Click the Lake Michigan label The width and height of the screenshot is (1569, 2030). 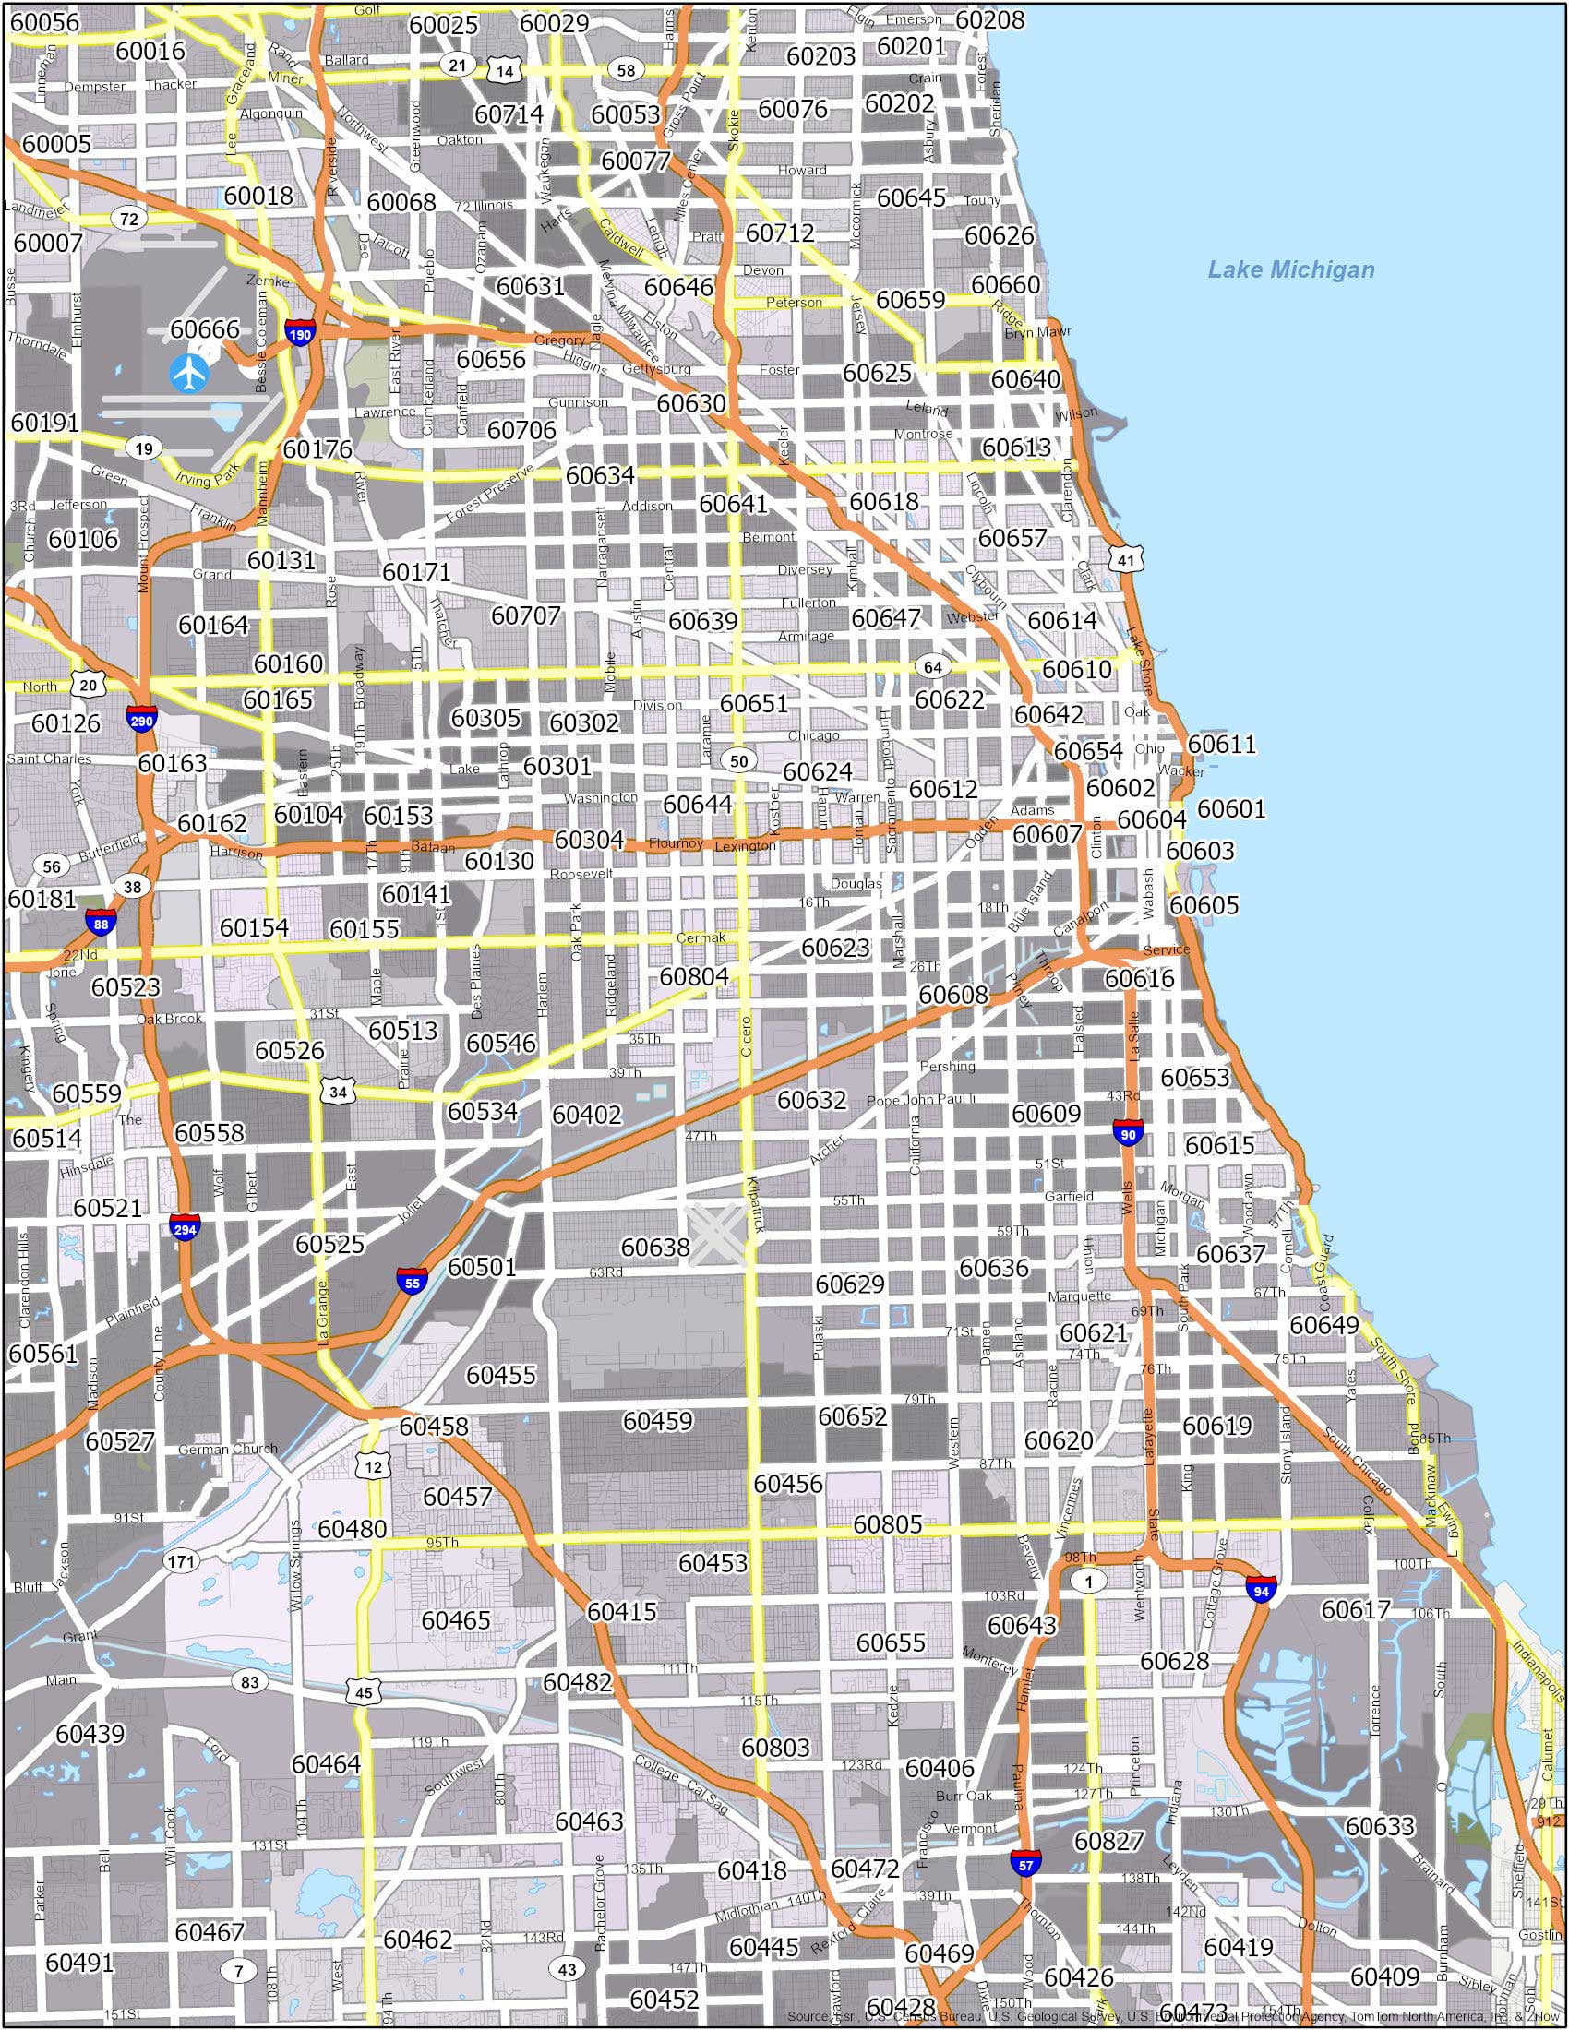pos(1290,269)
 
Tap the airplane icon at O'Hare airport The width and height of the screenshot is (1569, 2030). pos(190,373)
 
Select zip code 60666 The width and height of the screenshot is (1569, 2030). pos(205,329)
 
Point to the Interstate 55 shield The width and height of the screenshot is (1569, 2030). pos(412,1282)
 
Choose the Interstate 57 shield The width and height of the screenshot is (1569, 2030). pos(1025,1863)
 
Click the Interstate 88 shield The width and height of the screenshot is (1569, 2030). pos(101,922)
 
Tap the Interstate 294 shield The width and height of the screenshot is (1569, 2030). pos(184,1228)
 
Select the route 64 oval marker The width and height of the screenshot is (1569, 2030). pos(932,666)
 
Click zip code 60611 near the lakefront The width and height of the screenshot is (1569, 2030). pos(1220,744)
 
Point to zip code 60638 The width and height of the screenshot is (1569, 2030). pos(655,1247)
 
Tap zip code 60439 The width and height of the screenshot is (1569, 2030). pos(90,1734)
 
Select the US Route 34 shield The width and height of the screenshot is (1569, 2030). pos(338,1092)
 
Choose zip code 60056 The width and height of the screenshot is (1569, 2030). pos(45,20)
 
